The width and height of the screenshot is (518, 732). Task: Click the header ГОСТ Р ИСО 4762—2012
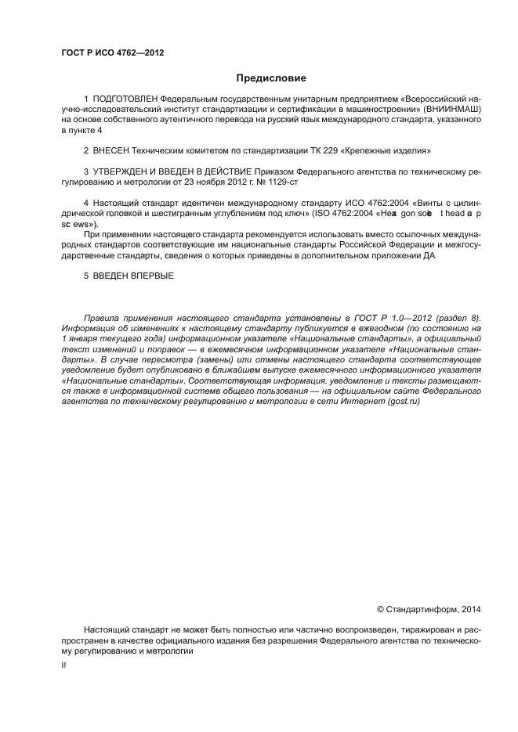(112, 53)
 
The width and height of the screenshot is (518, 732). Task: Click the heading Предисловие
(271, 78)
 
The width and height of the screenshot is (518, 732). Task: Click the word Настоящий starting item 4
(114, 203)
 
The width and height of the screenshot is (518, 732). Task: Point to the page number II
(64, 664)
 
